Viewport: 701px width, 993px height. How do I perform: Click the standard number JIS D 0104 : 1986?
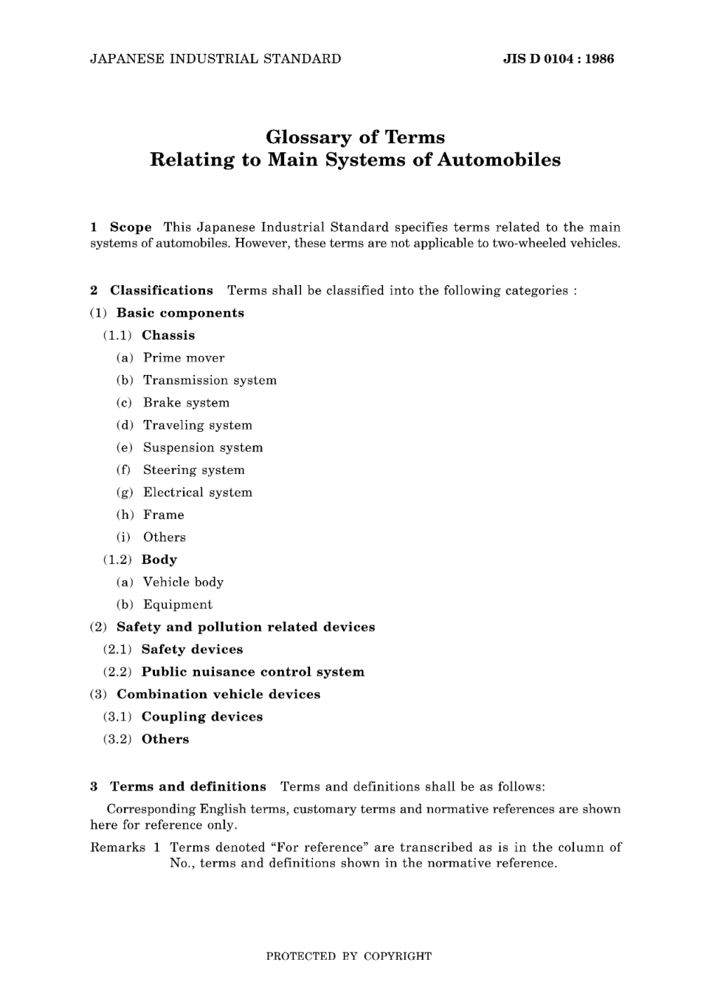click(558, 59)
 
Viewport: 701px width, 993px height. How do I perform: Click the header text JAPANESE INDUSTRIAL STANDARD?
click(215, 59)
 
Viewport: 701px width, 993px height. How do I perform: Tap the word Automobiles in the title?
click(499, 160)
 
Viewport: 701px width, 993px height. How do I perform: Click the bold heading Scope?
click(131, 227)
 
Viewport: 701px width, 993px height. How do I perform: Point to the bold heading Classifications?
click(162, 290)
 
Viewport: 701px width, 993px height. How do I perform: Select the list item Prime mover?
click(184, 358)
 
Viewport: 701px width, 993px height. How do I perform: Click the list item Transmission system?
click(210, 380)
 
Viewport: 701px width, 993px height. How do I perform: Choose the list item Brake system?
click(186, 403)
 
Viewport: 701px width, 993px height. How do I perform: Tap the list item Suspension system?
click(203, 447)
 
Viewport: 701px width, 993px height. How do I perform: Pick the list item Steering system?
click(193, 470)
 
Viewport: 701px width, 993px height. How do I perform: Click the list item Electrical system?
click(198, 492)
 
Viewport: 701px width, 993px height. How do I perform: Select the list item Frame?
click(164, 515)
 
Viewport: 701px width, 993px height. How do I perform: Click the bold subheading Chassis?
click(168, 335)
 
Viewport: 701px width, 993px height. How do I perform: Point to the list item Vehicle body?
click(183, 583)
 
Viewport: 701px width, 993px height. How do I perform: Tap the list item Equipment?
click(178, 605)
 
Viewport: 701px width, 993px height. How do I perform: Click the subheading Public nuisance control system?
click(253, 672)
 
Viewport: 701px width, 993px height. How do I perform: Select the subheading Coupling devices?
click(202, 717)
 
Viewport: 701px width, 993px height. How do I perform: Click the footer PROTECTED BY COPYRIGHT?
click(348, 956)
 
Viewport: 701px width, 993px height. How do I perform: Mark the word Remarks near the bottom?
click(117, 848)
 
